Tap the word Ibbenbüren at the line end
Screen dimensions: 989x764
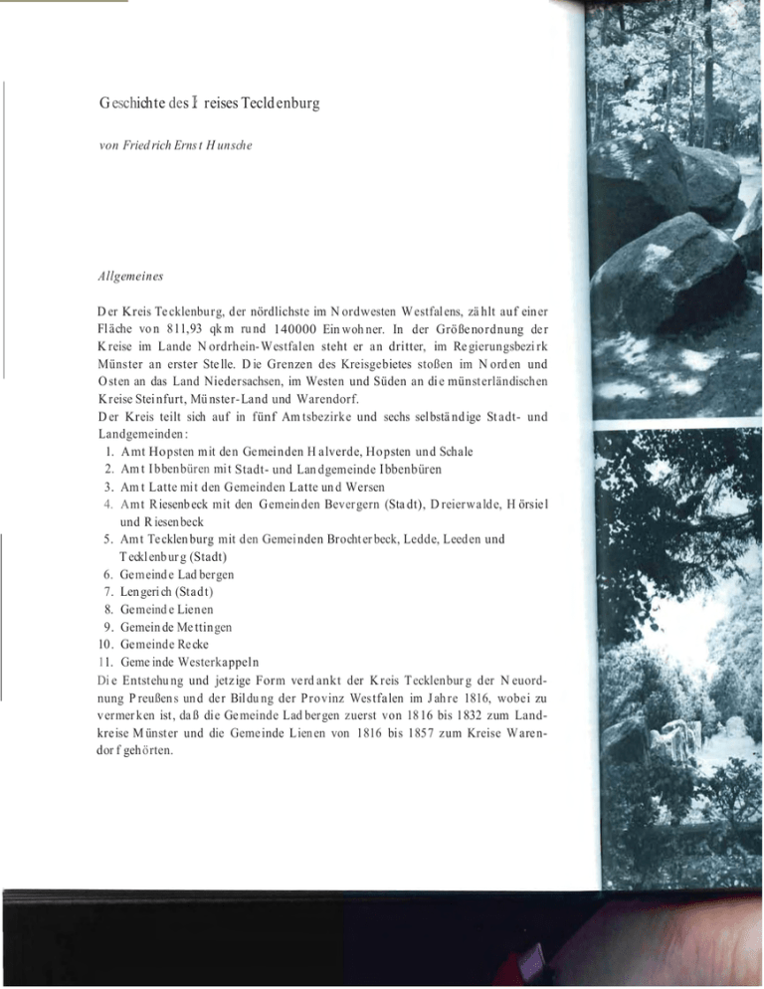click(x=430, y=469)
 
